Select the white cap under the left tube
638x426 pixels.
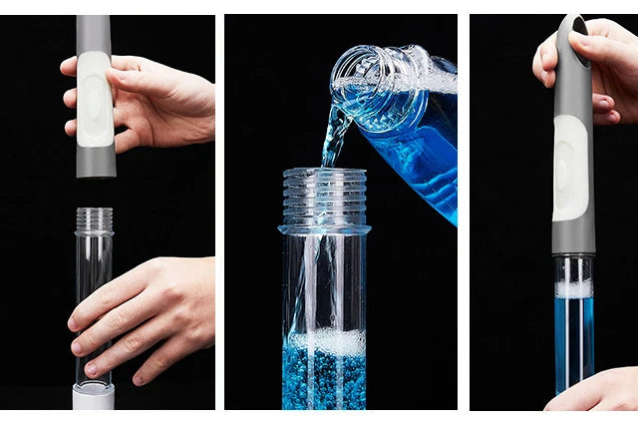94,397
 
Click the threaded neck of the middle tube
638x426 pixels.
323,195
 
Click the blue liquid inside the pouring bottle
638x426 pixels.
419,150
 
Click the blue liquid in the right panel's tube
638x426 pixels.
574,339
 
